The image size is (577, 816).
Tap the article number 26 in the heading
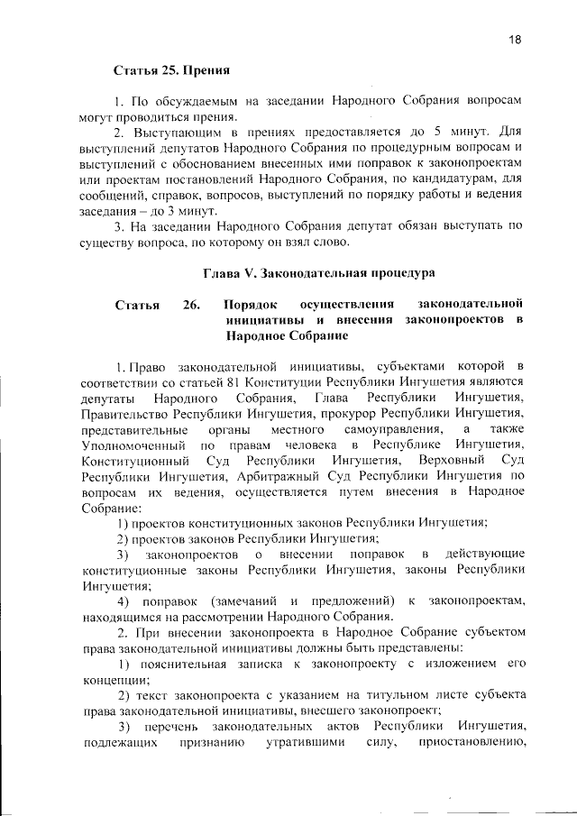pyautogui.click(x=190, y=304)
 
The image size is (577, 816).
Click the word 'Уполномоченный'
pyautogui.click(x=133, y=445)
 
